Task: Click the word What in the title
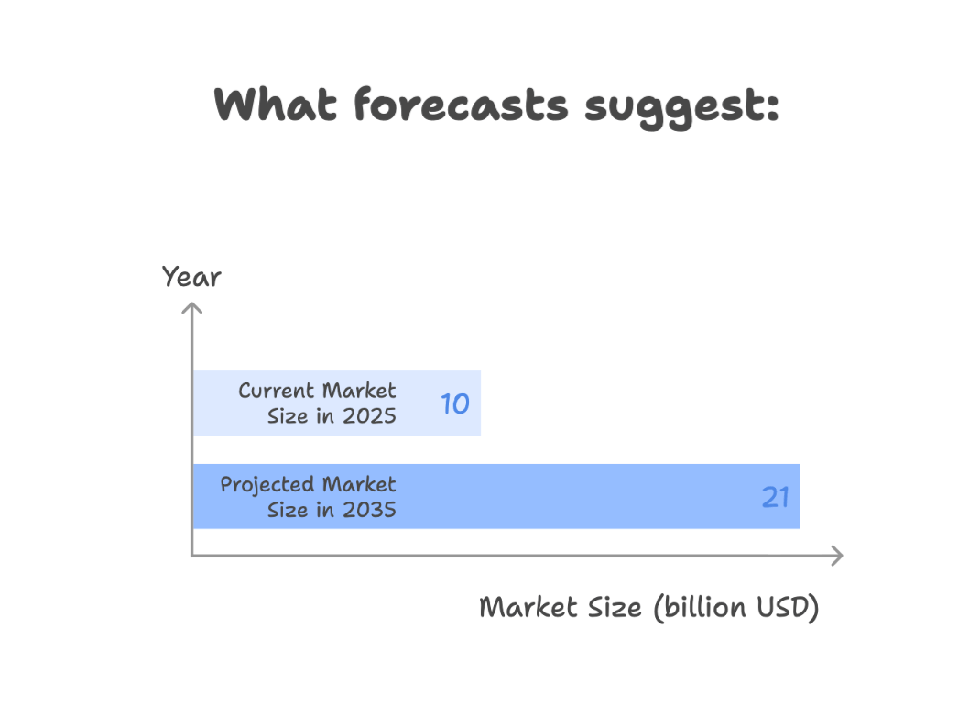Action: click(x=275, y=105)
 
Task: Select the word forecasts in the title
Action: click(x=462, y=105)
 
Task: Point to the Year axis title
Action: click(x=191, y=277)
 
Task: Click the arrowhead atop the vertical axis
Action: click(x=191, y=308)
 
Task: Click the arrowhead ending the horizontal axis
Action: click(x=837, y=555)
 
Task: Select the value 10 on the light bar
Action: click(x=455, y=403)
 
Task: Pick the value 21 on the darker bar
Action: click(x=775, y=497)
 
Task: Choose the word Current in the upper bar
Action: click(x=277, y=391)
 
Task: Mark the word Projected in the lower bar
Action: click(x=267, y=486)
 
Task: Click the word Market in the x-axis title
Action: click(x=528, y=608)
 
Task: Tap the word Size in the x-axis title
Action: click(x=615, y=608)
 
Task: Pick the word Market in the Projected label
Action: click(x=359, y=484)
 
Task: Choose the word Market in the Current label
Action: click(x=359, y=391)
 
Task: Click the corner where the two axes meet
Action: click(x=191, y=555)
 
